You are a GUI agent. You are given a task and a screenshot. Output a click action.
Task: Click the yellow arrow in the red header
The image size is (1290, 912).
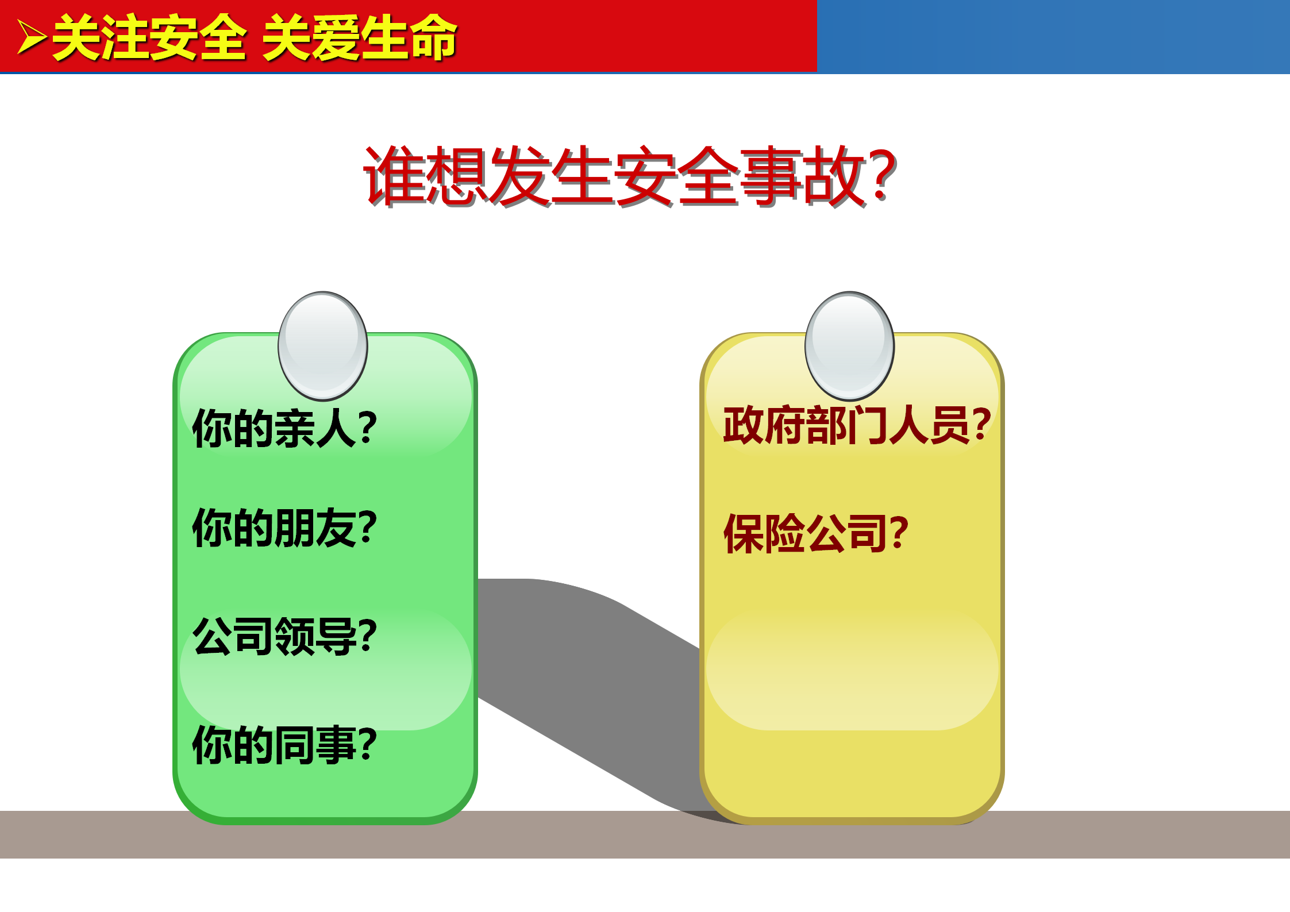click(32, 38)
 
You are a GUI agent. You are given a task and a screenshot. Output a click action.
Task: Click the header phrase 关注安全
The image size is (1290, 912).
click(150, 38)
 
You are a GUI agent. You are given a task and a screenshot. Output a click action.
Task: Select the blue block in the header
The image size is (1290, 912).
click(1053, 37)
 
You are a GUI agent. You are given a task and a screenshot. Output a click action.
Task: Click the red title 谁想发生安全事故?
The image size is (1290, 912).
click(630, 176)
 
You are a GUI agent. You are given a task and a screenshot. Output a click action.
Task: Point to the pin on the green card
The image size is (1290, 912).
click(322, 346)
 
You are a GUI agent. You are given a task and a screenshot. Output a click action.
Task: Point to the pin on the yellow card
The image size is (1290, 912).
click(849, 346)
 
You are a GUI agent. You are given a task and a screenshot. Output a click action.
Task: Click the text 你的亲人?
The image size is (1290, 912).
click(284, 428)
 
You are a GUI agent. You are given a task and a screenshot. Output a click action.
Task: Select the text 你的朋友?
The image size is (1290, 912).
click(284, 528)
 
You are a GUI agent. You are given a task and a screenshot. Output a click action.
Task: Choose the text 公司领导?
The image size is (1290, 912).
click(284, 636)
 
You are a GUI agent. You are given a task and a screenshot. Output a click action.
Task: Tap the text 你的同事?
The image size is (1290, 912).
click(284, 745)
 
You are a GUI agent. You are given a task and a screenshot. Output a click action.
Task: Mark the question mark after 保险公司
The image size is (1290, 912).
click(899, 533)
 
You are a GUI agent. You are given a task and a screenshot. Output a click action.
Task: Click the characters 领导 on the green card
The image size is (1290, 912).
click(317, 636)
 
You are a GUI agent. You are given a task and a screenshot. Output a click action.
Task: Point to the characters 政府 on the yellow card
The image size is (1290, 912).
click(764, 425)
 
